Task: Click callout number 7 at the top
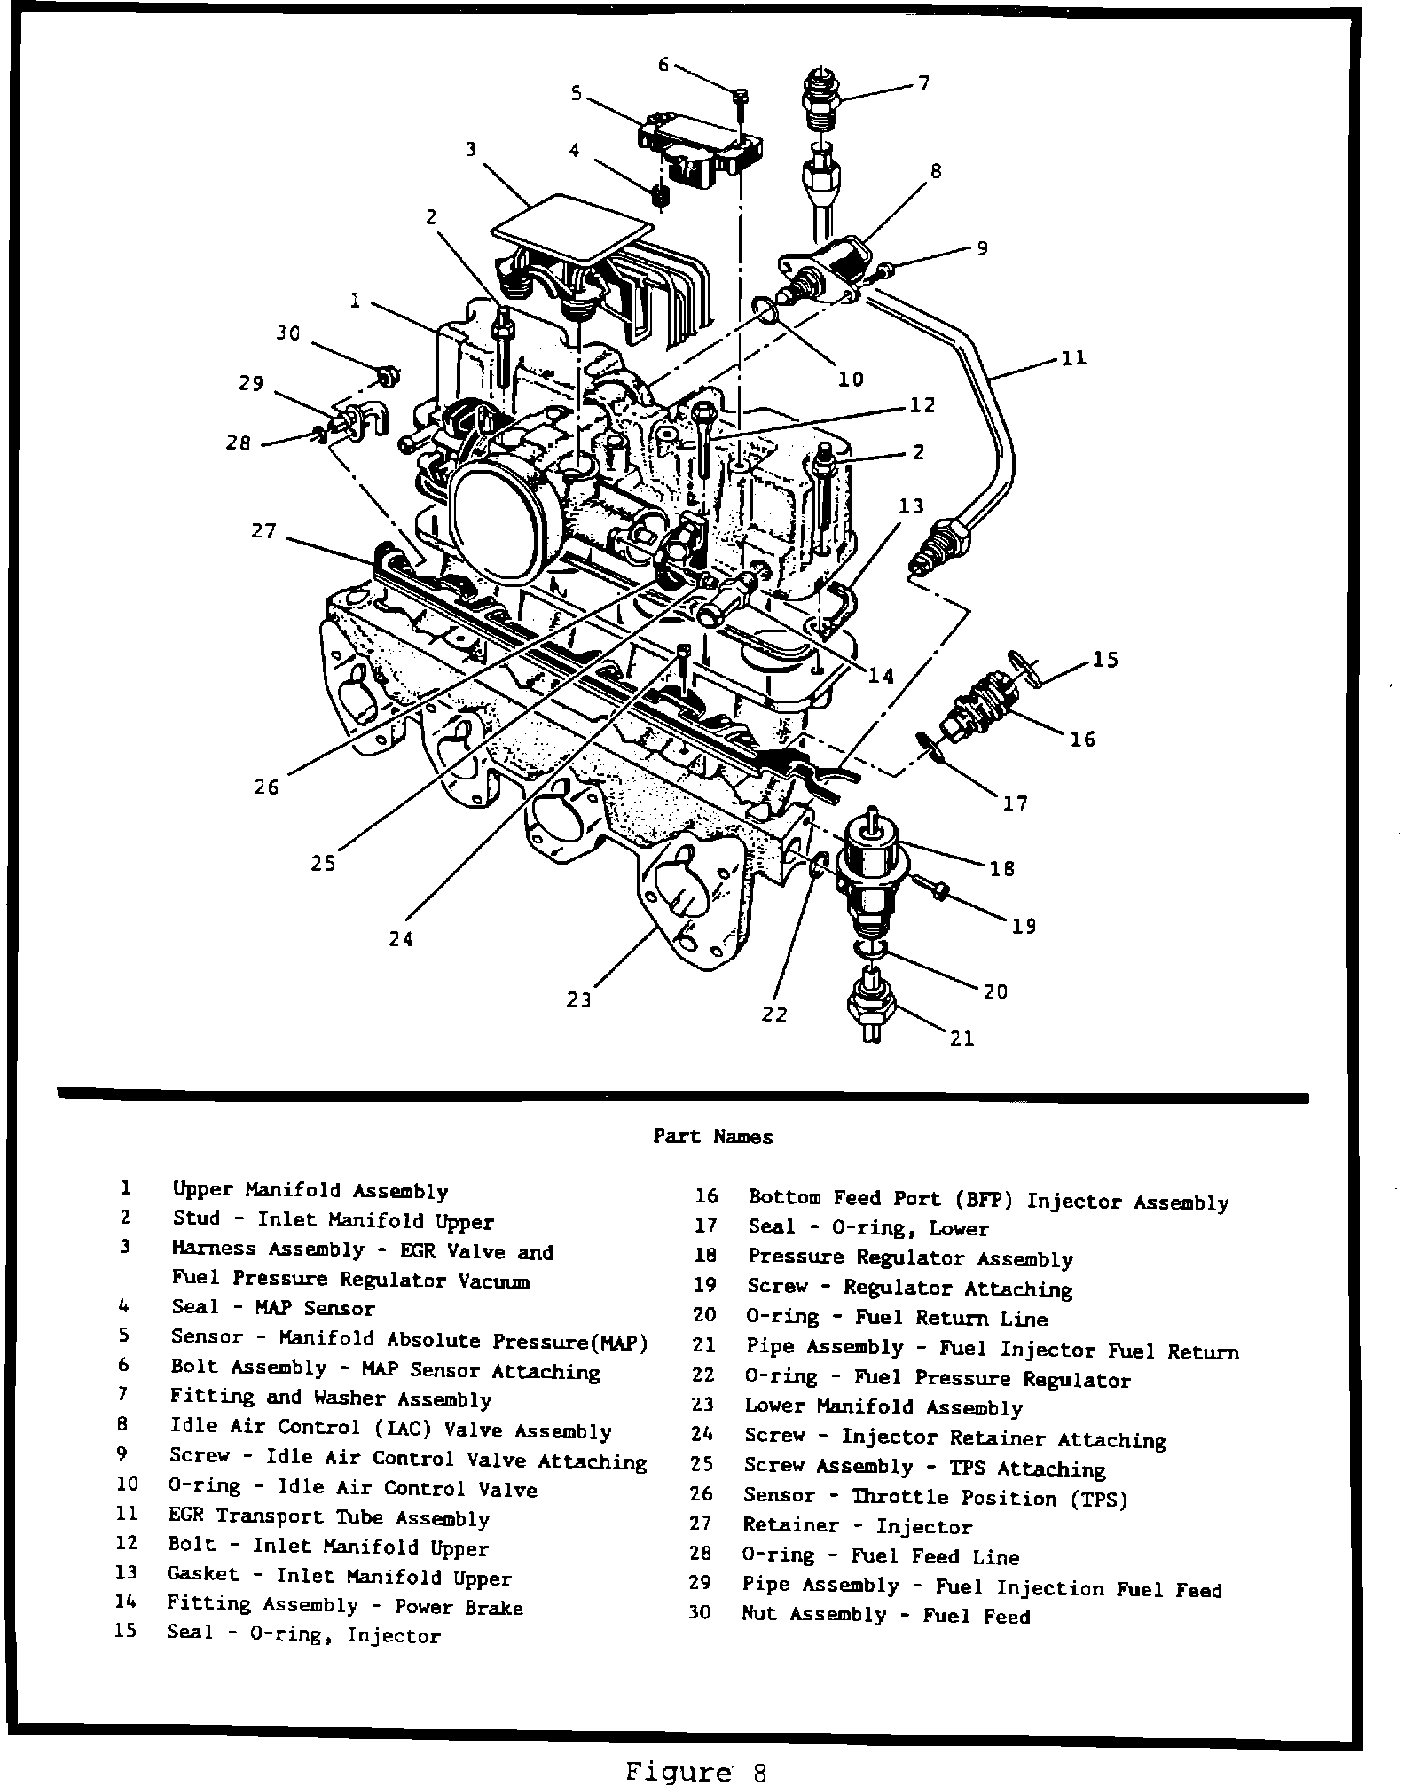(923, 83)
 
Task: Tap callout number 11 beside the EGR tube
(1073, 359)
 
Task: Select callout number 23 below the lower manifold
(578, 999)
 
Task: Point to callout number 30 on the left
(287, 333)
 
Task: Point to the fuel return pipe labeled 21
(872, 1007)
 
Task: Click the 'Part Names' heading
(712, 1136)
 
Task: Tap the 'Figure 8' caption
(695, 1769)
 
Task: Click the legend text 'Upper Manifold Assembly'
(310, 1190)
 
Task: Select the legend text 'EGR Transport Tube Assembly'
(328, 1517)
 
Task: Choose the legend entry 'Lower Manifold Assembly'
(883, 1406)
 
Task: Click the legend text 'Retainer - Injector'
(857, 1526)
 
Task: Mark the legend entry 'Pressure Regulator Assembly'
(910, 1258)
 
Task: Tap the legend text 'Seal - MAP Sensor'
(272, 1308)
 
